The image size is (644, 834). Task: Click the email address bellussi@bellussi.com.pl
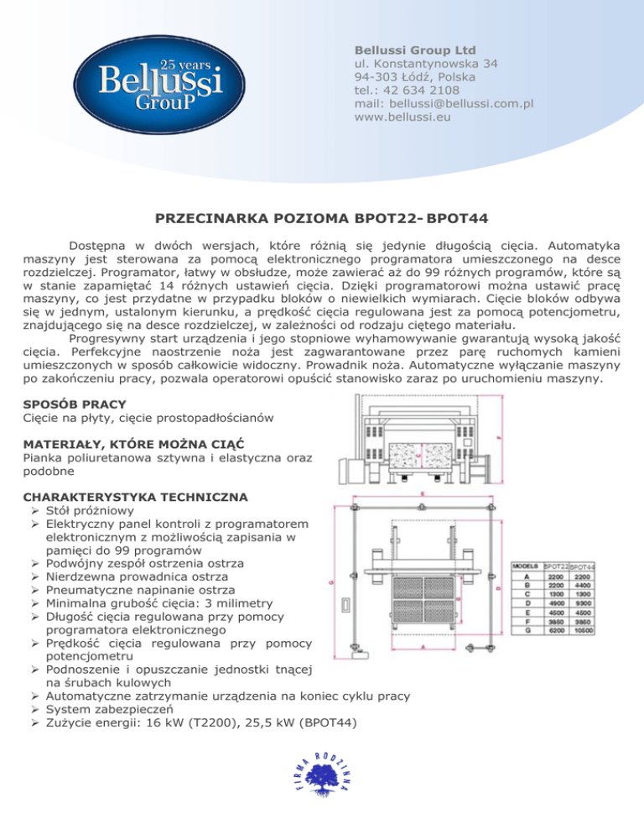[x=444, y=104]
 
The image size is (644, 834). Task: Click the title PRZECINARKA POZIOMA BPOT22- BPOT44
[x=322, y=220]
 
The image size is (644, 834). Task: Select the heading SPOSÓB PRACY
[x=75, y=404]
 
